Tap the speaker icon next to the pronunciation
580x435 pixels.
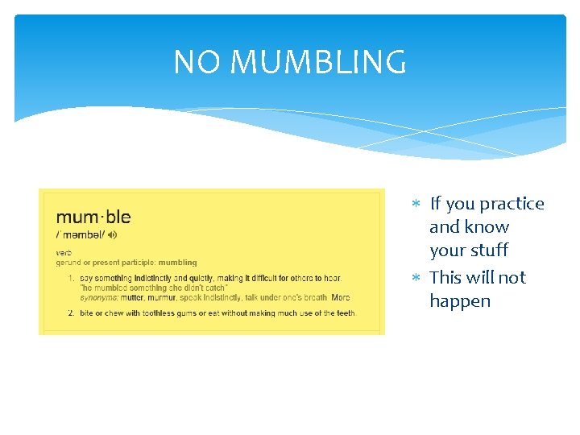tap(112, 234)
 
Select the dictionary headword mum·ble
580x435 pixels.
tap(93, 217)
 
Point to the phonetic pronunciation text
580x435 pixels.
tap(80, 234)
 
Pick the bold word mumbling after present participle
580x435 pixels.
tap(177, 263)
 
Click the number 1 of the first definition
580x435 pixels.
tap(70, 279)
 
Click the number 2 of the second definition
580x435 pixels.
tap(70, 313)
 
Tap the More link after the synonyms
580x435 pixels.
tap(341, 297)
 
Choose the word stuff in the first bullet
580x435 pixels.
tap(491, 251)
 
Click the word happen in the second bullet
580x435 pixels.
tap(460, 301)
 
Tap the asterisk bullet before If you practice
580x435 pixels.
tap(416, 205)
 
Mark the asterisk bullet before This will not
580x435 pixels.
tap(416, 278)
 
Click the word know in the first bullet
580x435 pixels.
tap(491, 227)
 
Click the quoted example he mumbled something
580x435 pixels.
tap(153, 288)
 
